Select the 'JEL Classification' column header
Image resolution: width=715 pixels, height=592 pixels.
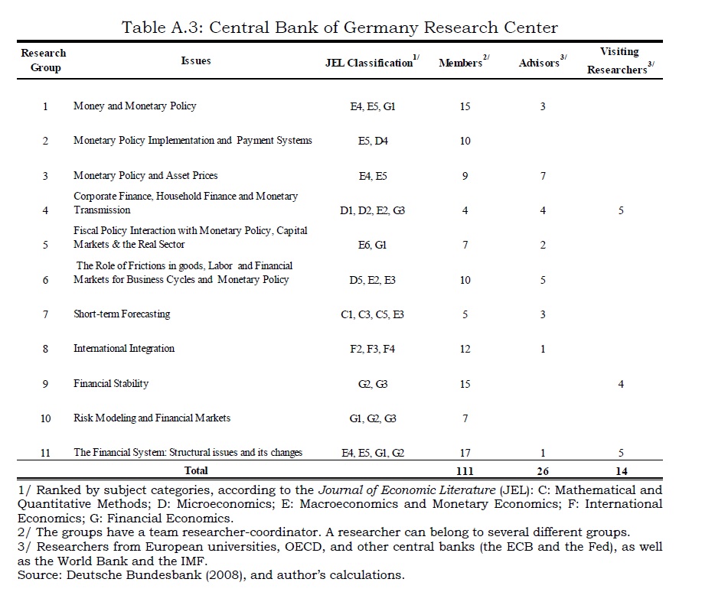pos(371,63)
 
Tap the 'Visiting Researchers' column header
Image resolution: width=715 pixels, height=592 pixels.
pos(619,60)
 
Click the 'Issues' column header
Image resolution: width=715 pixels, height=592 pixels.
pos(196,60)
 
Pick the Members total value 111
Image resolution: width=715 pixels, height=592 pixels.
pos(465,471)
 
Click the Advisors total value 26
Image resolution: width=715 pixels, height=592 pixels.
pos(543,471)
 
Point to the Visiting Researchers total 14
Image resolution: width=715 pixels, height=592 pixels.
pos(621,471)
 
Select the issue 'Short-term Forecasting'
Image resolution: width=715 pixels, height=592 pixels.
pos(122,314)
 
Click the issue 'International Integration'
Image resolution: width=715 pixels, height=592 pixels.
pos(124,349)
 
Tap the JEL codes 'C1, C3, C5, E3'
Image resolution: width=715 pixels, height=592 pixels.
pos(372,314)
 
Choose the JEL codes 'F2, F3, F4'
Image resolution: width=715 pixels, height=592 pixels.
pos(373,349)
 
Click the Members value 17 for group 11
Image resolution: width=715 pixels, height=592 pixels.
pos(465,453)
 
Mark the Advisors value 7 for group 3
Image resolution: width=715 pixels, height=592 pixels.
pos(543,176)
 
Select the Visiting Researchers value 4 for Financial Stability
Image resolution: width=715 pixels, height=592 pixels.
pos(621,384)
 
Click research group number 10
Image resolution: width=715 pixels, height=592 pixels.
pos(45,418)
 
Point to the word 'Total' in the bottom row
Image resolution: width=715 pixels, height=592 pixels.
pos(196,471)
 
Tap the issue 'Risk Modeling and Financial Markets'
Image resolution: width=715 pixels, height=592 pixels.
pos(152,418)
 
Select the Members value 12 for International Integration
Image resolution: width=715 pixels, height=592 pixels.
pos(465,349)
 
